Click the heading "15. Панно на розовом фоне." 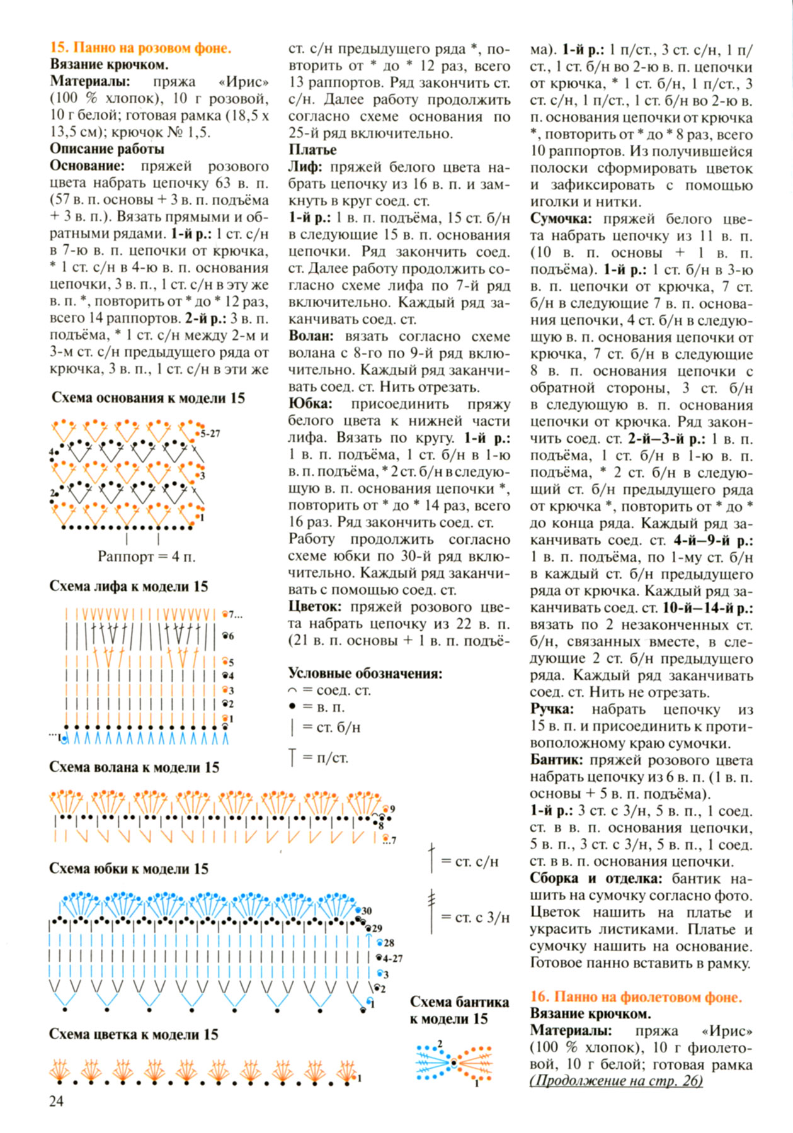pos(140,48)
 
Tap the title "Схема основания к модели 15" pos(148,398)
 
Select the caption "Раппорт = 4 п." pos(146,556)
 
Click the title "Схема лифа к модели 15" pos(128,587)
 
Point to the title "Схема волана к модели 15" pos(134,767)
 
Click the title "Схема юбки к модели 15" pos(128,869)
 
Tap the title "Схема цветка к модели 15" pos(134,1034)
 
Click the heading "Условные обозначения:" pos(365,674)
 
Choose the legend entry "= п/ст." pos(325,758)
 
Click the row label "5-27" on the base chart pos(210,434)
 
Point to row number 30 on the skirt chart pos(367,911)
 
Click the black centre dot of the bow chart pos(454,1063)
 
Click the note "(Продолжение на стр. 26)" pos(616,1081)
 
